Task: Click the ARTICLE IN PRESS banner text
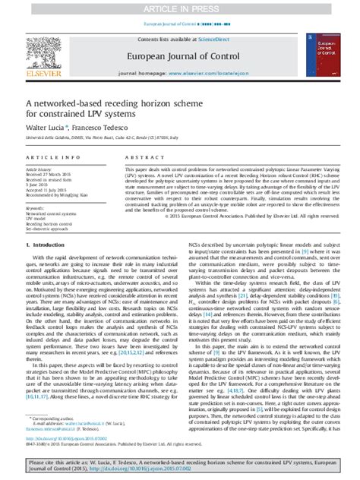coord(180,7)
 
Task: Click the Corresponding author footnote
coord(65,428)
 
